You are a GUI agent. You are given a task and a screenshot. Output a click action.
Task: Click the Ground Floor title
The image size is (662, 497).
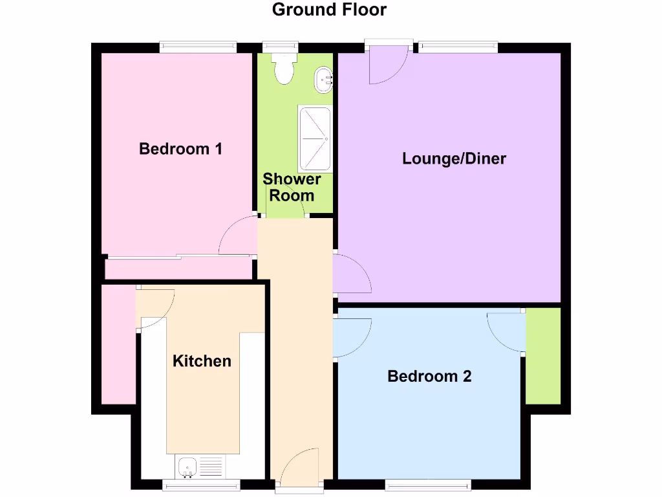coord(329,10)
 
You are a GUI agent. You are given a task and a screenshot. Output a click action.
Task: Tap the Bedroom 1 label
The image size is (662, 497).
coord(181,149)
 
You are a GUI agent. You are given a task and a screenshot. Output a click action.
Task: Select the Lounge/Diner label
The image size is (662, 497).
coord(454,159)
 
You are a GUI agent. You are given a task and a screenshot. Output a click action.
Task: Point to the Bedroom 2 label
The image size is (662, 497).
coord(429,376)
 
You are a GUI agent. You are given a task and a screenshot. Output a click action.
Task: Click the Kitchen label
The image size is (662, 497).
coord(202,361)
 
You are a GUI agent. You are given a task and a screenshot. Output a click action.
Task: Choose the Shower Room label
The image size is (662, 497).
coord(292,187)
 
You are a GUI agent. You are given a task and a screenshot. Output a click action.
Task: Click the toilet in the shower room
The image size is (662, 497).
coord(284,69)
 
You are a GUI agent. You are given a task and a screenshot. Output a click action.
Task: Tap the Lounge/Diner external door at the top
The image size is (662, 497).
coord(388,65)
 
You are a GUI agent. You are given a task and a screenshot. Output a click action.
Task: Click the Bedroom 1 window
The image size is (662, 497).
coord(198,46)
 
